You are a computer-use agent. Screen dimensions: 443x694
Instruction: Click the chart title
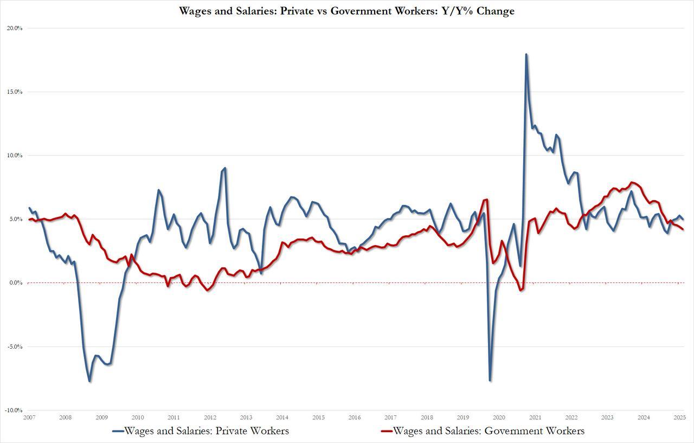[x=347, y=11]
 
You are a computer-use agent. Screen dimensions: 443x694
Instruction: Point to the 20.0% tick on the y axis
[x=14, y=28]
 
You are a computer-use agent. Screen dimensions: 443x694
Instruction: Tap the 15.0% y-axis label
[x=14, y=92]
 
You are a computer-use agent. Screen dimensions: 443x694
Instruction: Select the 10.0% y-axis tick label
[x=14, y=156]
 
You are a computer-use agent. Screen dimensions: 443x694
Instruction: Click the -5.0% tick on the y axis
[x=14, y=346]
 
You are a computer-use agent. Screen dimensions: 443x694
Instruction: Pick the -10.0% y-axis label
[x=14, y=410]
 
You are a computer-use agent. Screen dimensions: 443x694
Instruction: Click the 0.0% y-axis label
[x=15, y=283]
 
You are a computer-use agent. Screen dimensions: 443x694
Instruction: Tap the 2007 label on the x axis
[x=29, y=418]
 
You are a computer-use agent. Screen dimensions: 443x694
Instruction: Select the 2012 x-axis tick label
[x=210, y=418]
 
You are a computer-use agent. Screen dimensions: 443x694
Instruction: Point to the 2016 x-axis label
[x=354, y=418]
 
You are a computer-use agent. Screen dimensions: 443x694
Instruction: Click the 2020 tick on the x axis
[x=499, y=418]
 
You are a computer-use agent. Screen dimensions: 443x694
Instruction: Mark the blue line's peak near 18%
[x=526, y=54]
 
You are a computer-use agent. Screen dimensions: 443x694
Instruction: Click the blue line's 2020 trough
[x=490, y=380]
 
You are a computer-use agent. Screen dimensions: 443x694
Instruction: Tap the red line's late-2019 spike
[x=487, y=200]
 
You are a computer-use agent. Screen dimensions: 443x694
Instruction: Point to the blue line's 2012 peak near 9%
[x=225, y=168]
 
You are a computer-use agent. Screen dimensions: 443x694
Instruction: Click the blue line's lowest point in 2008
[x=89, y=381]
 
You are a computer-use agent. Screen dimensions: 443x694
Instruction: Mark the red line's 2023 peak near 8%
[x=631, y=182]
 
